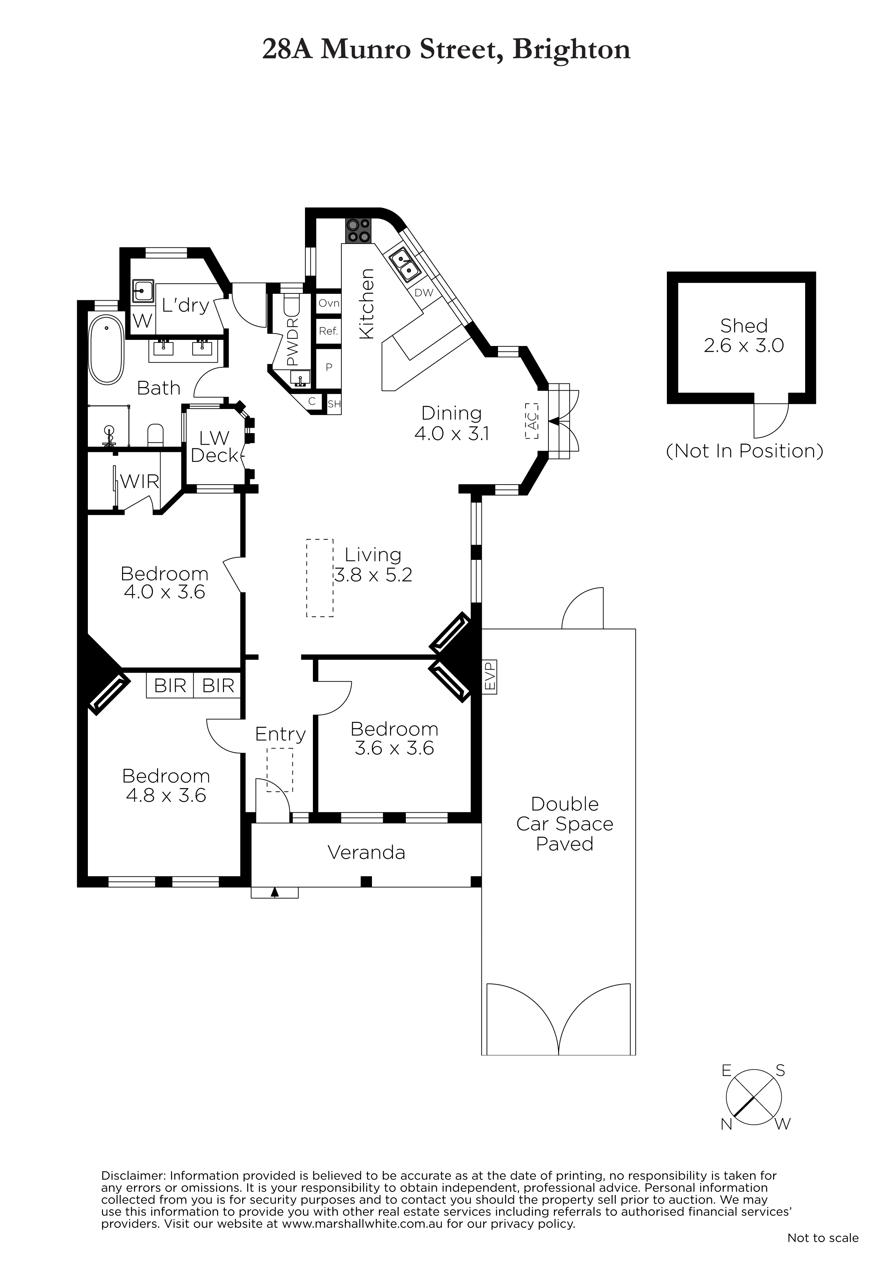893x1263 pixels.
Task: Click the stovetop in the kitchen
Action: [359, 230]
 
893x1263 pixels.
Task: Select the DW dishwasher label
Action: [424, 293]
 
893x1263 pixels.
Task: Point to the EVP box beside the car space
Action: [489, 677]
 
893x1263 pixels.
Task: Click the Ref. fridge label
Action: [328, 331]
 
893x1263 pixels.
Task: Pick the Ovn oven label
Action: [329, 303]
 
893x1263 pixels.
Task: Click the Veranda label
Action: [367, 853]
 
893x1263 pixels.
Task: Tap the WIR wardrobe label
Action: [140, 481]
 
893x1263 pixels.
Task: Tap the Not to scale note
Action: [822, 1238]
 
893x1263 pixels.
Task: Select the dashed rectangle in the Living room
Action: [320, 578]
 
